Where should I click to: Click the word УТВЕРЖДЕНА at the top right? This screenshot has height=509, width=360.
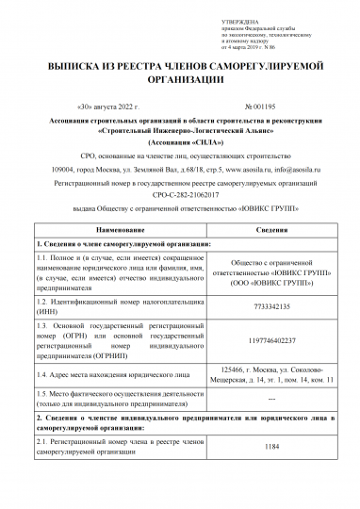[x=238, y=19]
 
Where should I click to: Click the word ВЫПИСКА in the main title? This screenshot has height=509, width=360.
[x=74, y=69]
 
